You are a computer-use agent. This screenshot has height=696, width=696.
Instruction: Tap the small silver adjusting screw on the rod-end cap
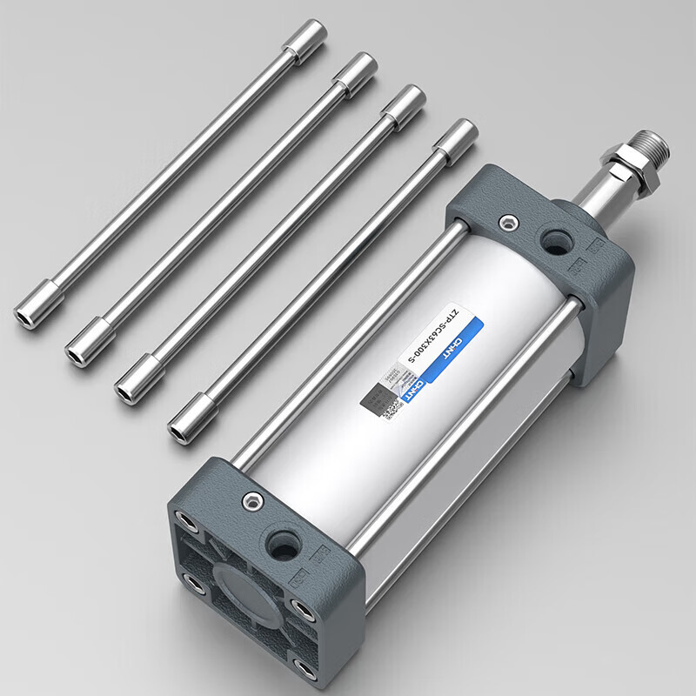(x=505, y=224)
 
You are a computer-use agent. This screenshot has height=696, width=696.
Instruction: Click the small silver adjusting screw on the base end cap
(x=251, y=501)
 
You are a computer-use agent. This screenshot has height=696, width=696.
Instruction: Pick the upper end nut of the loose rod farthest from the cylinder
(x=305, y=40)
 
